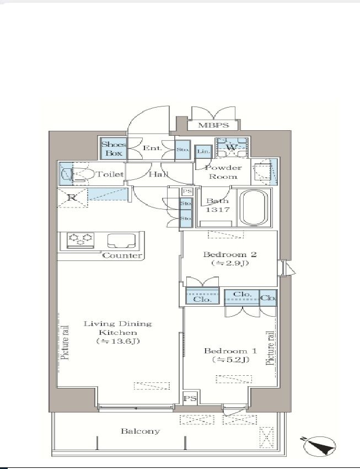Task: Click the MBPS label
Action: (213, 125)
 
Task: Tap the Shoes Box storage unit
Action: (114, 148)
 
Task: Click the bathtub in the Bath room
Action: (254, 208)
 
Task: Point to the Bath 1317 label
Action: (218, 205)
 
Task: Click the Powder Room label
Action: (223, 172)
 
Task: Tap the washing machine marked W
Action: (232, 147)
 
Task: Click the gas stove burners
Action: (80, 240)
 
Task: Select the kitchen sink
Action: (121, 241)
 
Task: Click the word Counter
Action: (122, 255)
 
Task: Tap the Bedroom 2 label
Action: (230, 259)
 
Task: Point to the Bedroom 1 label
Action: (230, 355)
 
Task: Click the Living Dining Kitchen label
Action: (118, 332)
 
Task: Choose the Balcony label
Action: (140, 431)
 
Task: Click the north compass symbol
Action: (319, 446)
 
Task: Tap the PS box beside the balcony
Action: (190, 398)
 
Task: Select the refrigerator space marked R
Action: (72, 198)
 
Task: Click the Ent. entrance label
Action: (152, 148)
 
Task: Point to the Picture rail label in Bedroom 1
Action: (270, 348)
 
